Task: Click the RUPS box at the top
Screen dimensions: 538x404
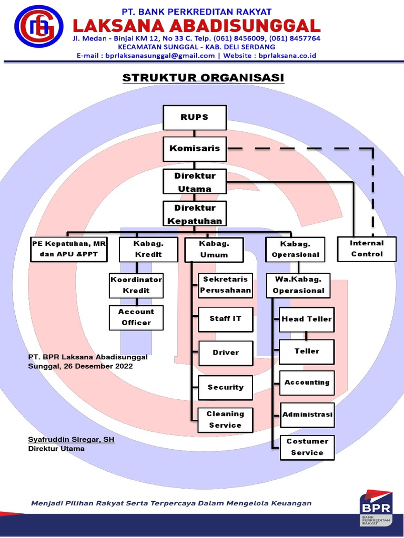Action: click(x=195, y=117)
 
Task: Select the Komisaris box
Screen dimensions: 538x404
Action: click(x=195, y=149)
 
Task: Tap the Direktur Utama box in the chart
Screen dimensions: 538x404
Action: click(x=195, y=182)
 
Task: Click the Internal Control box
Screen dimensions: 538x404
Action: click(x=367, y=249)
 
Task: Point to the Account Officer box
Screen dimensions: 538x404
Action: click(x=136, y=317)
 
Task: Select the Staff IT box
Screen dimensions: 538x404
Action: click(x=225, y=319)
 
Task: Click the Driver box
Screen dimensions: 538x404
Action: click(x=225, y=353)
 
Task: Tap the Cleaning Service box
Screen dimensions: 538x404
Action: click(x=225, y=420)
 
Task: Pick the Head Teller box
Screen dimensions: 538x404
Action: click(x=307, y=319)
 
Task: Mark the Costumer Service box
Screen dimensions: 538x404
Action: click(x=307, y=447)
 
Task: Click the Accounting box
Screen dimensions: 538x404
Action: click(x=307, y=383)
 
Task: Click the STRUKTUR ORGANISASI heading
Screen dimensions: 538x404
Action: click(x=203, y=78)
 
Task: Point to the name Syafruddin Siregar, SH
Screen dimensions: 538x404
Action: click(x=71, y=439)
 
